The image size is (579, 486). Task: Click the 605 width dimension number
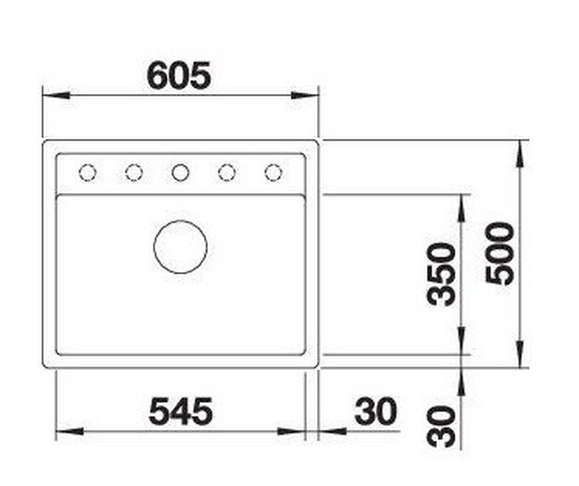[179, 75]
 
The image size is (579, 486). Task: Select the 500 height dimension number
[500, 254]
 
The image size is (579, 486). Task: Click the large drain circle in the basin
[180, 247]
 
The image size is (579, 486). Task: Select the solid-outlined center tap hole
[180, 173]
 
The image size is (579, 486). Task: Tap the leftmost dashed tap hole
[88, 173]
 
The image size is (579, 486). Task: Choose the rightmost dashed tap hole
[274, 173]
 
